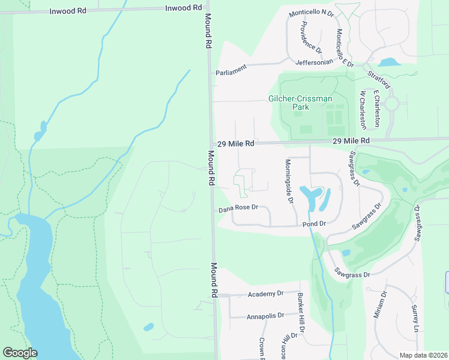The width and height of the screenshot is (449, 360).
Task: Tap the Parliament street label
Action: coord(231,72)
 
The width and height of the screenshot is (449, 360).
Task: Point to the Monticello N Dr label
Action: coord(311,13)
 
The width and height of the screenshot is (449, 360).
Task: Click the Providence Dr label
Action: coord(312,37)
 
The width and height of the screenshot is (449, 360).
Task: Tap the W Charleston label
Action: coord(363,110)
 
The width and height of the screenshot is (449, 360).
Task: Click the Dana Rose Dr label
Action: coord(238,208)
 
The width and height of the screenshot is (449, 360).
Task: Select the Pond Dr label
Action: coord(314,224)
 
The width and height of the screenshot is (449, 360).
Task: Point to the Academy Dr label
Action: coord(265,294)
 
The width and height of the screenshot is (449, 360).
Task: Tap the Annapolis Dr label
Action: coord(265,316)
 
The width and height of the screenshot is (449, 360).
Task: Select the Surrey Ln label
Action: coord(415,319)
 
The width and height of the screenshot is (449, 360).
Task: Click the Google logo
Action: coord(20,353)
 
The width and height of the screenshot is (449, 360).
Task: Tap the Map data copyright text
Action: coord(423,355)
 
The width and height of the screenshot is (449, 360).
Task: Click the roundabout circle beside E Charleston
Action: coord(392,104)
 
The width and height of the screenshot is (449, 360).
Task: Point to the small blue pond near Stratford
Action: coord(389,62)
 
